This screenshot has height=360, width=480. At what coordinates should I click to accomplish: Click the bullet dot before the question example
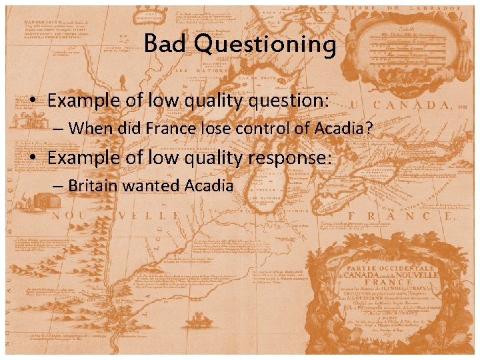[x=33, y=101]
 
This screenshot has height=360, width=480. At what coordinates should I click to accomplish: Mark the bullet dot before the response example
[x=33, y=159]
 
